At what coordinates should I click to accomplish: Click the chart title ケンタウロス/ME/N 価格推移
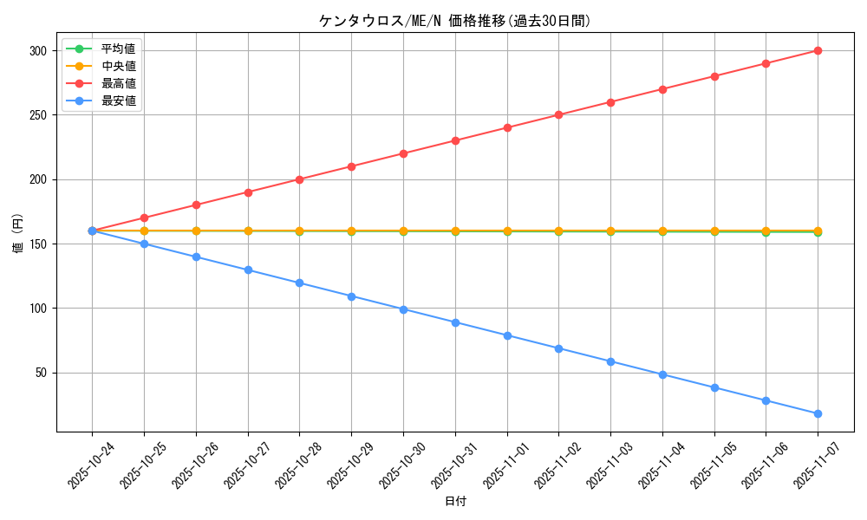tap(454, 21)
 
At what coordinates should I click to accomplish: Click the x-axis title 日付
tap(454, 502)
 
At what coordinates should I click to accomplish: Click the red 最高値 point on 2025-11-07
tap(818, 50)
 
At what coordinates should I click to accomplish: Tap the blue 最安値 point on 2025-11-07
tap(818, 413)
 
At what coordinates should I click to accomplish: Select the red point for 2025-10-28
tap(299, 179)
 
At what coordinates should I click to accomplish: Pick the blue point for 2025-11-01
tap(507, 335)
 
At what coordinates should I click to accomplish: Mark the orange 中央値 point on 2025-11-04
tap(662, 231)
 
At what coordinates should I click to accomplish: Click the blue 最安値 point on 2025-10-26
tap(196, 257)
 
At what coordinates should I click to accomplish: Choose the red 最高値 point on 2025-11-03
tap(610, 102)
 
